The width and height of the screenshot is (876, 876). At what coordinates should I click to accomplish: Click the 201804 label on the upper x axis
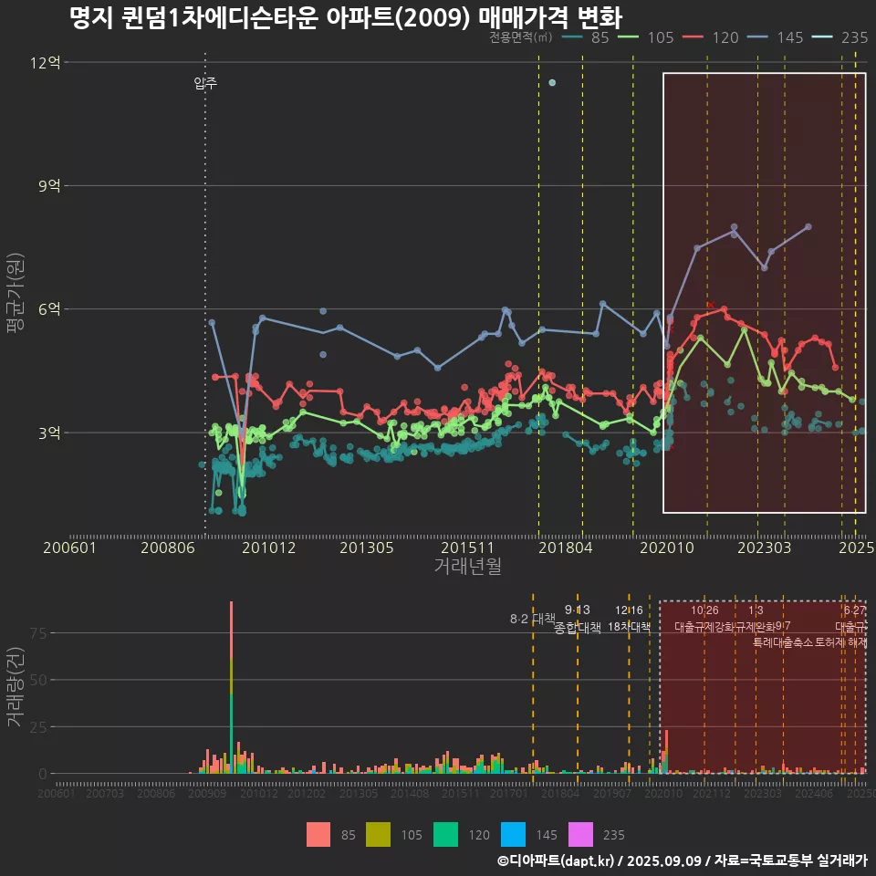coord(566,547)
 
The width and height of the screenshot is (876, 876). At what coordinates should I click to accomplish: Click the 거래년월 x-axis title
coord(467,567)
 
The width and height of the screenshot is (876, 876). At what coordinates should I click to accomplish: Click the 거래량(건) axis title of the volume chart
coord(15,687)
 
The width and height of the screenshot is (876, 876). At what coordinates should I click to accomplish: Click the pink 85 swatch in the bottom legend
coord(318,834)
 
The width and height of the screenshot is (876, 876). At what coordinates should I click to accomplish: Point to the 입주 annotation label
coord(205,84)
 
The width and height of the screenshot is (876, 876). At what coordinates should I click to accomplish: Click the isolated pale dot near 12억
coord(552,83)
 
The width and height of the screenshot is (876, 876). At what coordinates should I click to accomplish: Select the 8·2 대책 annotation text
coord(532,619)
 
